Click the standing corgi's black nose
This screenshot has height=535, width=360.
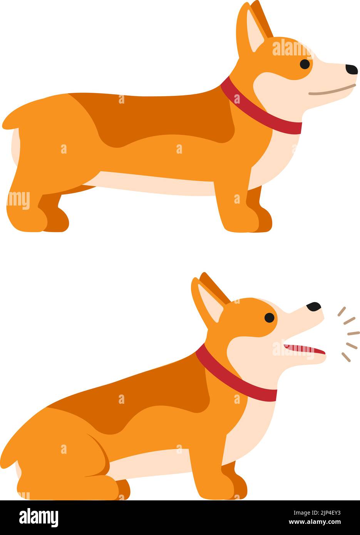(351, 69)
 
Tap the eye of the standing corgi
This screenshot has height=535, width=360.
(305, 64)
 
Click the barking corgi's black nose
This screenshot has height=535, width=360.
(314, 306)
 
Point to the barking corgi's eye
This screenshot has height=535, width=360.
(270, 318)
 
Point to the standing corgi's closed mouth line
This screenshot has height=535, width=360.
(331, 91)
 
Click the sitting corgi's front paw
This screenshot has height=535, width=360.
(216, 489)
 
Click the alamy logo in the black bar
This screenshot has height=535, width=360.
(39, 518)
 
